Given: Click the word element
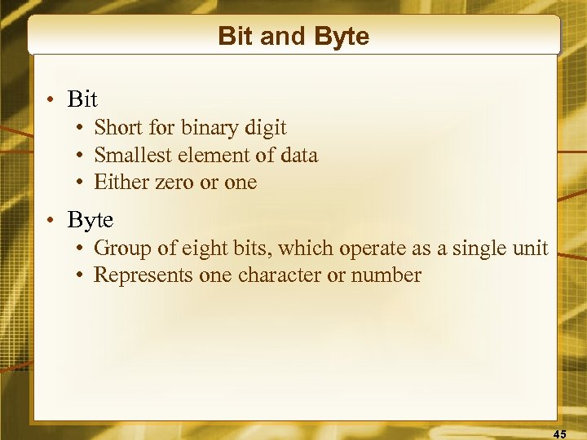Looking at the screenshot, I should click(x=211, y=155).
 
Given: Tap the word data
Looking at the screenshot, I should click(x=296, y=155).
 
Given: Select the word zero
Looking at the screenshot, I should click(x=172, y=183).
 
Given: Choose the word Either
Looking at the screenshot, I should click(x=119, y=183).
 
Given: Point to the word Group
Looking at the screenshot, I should click(x=117, y=248).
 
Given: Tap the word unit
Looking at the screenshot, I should click(x=531, y=248).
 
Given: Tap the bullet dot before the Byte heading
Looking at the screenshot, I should click(x=51, y=221).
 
